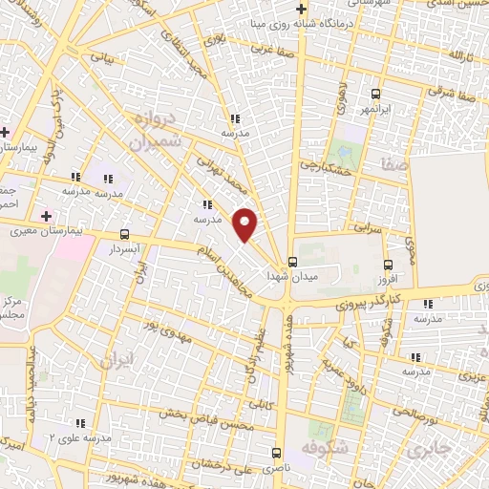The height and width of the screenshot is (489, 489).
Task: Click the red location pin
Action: (246, 223)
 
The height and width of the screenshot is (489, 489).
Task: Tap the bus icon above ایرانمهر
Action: (375, 95)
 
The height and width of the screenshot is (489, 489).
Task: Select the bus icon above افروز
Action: (387, 265)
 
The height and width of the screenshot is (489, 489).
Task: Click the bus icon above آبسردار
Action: (125, 233)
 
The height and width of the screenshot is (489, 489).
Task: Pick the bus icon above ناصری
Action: (276, 452)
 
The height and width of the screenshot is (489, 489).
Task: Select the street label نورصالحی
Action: (413, 415)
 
